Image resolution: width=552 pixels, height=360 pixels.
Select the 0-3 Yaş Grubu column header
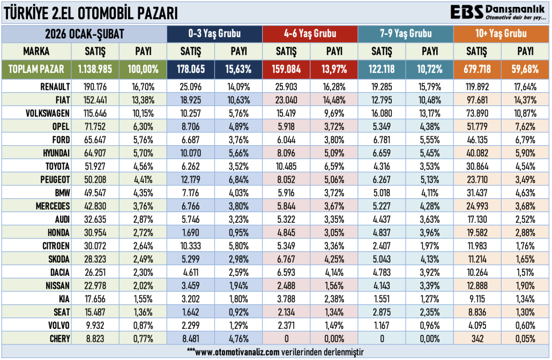coord(214,34)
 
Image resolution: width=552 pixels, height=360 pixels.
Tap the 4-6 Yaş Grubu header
coord(310,34)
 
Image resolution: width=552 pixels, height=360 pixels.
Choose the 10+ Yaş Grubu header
coord(501,34)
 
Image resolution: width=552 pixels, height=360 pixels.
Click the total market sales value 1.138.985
coord(95,69)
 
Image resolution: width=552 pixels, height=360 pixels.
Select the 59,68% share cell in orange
coord(525,69)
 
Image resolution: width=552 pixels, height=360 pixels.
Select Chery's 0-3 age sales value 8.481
coord(191,338)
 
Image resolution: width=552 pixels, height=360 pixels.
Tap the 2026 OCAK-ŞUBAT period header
coord(84,34)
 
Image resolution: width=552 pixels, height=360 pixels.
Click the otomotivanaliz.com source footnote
coord(275,351)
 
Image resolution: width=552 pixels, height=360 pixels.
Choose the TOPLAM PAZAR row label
coord(37,69)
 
